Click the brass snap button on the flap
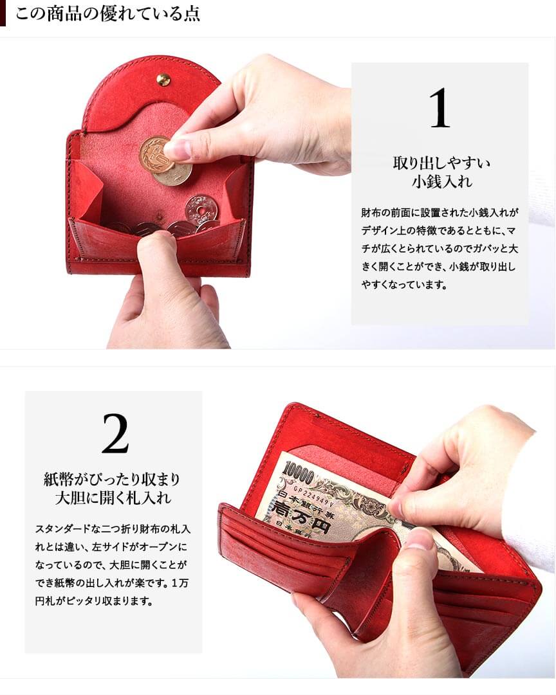[163, 80]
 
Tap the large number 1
[440, 108]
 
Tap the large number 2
[115, 433]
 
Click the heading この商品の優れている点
[108, 14]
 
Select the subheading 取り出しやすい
[441, 163]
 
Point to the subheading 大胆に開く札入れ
[113, 498]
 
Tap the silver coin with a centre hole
[202, 210]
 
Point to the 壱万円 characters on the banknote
[301, 517]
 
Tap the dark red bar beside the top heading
[3, 14]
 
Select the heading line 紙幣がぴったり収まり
[112, 479]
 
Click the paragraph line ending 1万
[112, 583]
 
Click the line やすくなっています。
[403, 285]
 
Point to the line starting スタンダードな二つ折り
[113, 528]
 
